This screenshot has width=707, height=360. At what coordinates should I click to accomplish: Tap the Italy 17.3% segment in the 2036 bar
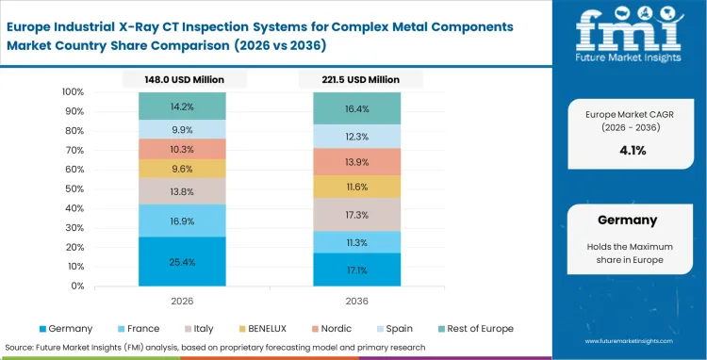tap(356, 215)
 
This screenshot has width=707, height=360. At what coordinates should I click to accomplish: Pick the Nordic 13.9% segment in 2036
tap(356, 161)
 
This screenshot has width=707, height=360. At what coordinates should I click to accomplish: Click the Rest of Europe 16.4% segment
tap(356, 108)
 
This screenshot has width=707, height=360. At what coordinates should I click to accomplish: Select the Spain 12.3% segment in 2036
tap(356, 137)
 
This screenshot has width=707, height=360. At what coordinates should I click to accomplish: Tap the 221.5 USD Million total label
tap(356, 80)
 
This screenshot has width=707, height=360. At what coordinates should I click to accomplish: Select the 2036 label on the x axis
tap(356, 300)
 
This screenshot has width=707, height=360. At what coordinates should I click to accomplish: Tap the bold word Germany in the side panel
tap(627, 220)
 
